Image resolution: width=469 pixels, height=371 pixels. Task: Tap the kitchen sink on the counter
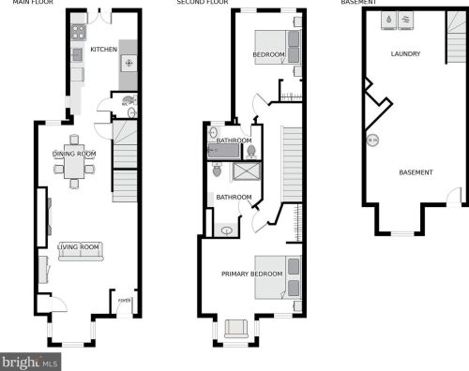(x=77, y=55)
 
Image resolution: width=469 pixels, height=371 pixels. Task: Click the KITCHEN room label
(x=103, y=49)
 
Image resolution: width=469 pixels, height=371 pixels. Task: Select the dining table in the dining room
(x=74, y=170)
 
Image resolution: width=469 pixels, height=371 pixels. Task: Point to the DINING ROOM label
(x=74, y=153)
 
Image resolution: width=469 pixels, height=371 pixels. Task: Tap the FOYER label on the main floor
(x=123, y=302)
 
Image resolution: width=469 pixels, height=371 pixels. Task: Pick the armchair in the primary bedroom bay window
(x=236, y=326)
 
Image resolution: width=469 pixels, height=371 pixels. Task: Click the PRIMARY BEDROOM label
(x=251, y=274)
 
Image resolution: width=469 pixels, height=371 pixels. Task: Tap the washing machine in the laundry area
(x=387, y=18)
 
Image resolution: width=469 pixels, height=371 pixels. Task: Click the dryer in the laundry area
(x=406, y=18)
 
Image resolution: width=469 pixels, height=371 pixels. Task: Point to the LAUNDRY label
(x=405, y=54)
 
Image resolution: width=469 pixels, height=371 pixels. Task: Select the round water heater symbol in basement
(x=372, y=141)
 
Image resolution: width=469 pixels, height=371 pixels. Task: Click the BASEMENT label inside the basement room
(x=416, y=172)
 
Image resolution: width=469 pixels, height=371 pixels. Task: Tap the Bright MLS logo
(x=29, y=361)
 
